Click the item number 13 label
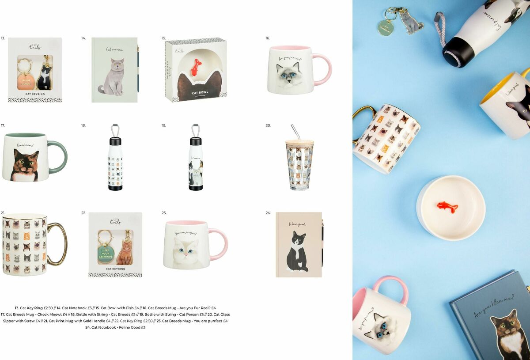click(3, 38)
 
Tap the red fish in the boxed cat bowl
click(196, 66)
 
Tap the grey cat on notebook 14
click(114, 78)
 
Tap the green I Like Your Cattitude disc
click(106, 253)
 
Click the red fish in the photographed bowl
click(447, 206)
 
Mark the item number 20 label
click(268, 125)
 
